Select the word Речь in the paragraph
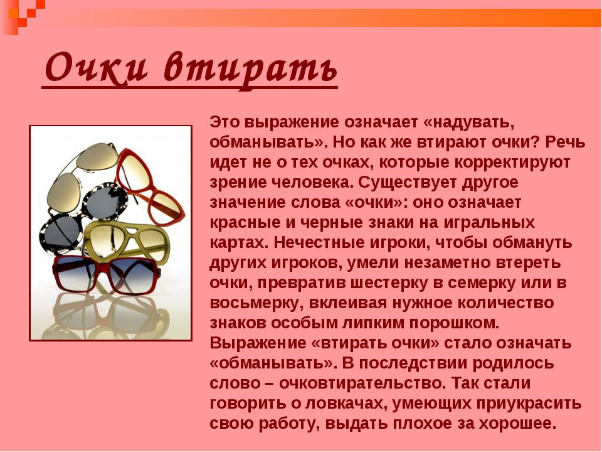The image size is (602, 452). [x=565, y=143]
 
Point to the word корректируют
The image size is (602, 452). [x=512, y=163]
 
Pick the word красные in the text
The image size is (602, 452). [x=246, y=222]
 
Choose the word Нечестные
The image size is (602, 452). [x=314, y=243]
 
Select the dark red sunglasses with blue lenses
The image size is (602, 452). [x=107, y=274]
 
